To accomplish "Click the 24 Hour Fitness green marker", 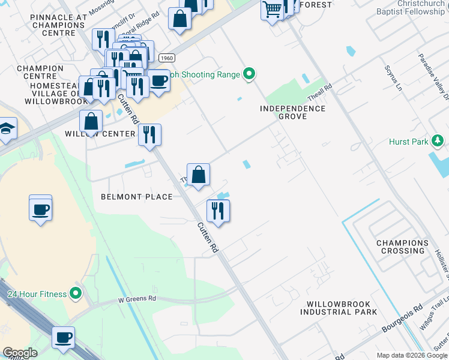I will (x=76, y=293).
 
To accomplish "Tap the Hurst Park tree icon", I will (x=438, y=141).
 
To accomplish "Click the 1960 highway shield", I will (x=167, y=58).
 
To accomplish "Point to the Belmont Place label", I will (x=137, y=197).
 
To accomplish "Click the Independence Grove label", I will (x=293, y=112).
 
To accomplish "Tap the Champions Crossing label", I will (x=403, y=247).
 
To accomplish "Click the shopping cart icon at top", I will (x=273, y=10).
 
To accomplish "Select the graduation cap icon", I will (x=7, y=128).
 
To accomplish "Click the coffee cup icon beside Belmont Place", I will (x=41, y=209).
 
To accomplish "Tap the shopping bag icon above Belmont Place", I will (x=198, y=175).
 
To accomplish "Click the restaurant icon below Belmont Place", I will (x=218, y=211).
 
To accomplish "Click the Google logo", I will (x=20, y=353).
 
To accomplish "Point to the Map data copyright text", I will (x=412, y=355).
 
